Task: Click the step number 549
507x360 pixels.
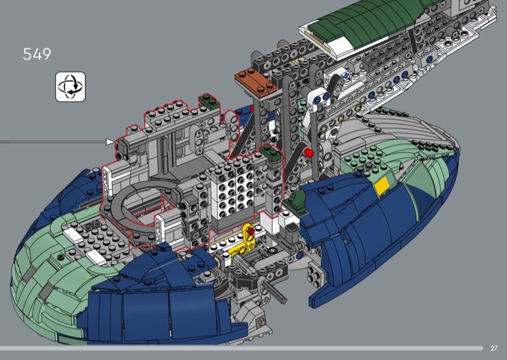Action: (37, 54)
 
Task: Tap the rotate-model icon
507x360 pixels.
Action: (70, 87)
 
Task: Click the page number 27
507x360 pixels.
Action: (494, 348)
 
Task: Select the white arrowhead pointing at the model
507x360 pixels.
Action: (110, 142)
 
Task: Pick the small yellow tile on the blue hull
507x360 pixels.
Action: (382, 186)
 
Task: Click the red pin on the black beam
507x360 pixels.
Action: (308, 153)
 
